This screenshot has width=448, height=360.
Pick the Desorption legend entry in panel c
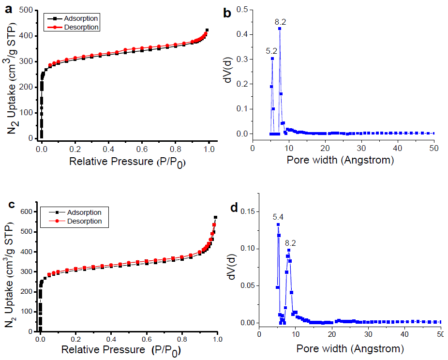point(85,221)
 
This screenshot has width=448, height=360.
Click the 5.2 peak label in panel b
point(272,50)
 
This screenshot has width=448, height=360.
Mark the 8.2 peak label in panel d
point(290,242)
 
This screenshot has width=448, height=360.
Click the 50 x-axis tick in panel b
point(434,147)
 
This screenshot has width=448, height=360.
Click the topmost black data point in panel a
point(207,30)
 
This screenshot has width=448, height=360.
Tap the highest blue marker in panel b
point(280,29)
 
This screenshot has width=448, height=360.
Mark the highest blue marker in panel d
point(278,225)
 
